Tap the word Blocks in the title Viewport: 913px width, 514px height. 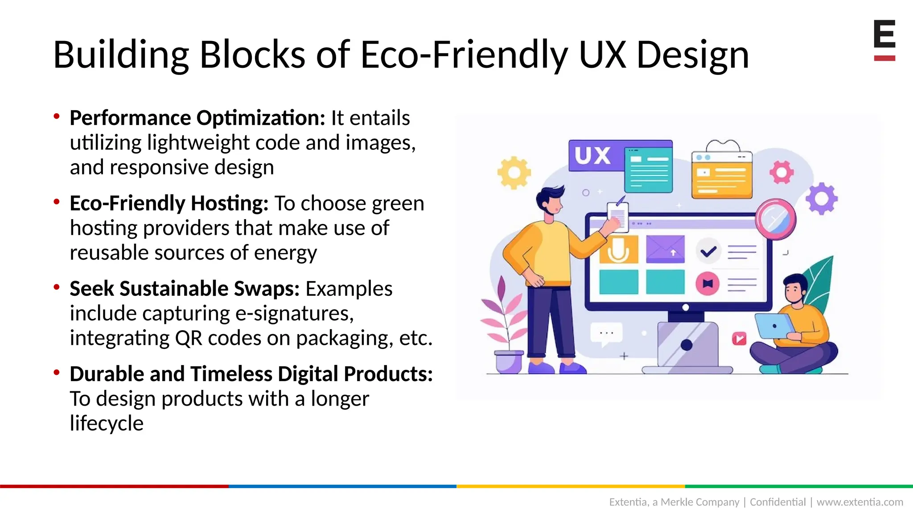point(252,55)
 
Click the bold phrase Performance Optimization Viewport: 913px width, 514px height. point(197,118)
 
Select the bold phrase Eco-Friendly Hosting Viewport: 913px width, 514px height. point(169,203)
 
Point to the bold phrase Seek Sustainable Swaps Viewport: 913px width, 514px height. point(185,289)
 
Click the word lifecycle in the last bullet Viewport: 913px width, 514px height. point(107,423)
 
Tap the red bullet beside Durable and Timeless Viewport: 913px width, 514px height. point(57,372)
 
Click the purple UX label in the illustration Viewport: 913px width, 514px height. point(592,156)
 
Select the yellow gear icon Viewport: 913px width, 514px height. point(514,173)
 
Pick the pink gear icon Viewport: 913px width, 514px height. point(781,172)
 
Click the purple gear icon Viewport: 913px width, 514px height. point(821,199)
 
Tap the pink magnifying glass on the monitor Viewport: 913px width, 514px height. point(776,219)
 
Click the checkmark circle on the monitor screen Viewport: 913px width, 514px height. point(708,252)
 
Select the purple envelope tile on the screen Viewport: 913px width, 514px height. point(665,249)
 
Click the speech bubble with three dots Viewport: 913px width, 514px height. point(606,333)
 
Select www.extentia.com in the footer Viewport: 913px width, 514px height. point(860,502)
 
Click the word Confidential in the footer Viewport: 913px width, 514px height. point(777,502)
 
